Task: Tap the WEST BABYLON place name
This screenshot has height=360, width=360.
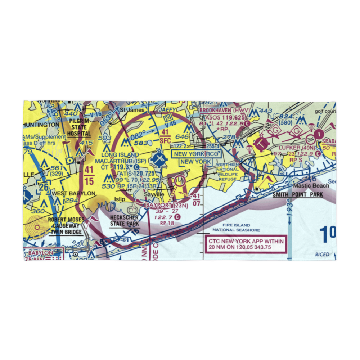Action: tap(73, 193)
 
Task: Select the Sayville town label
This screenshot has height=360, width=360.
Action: tap(154, 194)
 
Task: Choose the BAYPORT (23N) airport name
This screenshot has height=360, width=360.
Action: tap(167, 206)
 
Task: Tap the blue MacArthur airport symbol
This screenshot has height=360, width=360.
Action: tap(159, 157)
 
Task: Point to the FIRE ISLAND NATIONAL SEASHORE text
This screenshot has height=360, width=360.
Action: tap(231, 227)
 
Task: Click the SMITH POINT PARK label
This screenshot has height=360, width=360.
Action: tap(297, 195)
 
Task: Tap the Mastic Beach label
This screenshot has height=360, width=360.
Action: tap(311, 186)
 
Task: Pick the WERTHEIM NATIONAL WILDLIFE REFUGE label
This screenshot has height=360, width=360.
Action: tap(228, 172)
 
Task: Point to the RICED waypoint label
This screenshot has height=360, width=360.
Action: tap(322, 254)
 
